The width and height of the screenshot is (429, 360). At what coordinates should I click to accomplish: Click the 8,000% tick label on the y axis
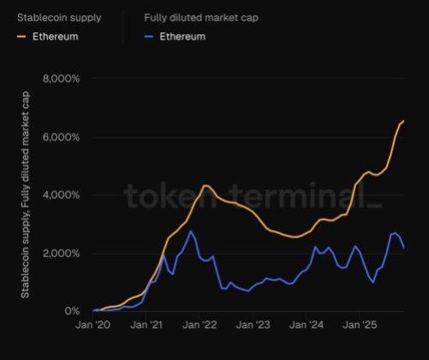(60, 78)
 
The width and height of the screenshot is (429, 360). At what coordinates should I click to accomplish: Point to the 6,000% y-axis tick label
(60, 137)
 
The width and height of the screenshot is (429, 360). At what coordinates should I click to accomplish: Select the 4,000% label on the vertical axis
(60, 195)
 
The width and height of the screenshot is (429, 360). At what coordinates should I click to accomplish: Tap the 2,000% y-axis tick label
(60, 254)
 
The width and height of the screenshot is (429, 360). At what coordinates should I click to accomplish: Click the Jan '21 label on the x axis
(150, 326)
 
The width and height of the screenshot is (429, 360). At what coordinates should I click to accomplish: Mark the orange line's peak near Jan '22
(206, 185)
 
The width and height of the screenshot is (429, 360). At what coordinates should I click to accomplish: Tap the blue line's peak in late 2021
(191, 231)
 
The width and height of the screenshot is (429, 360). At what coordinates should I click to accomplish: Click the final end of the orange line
(404, 122)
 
